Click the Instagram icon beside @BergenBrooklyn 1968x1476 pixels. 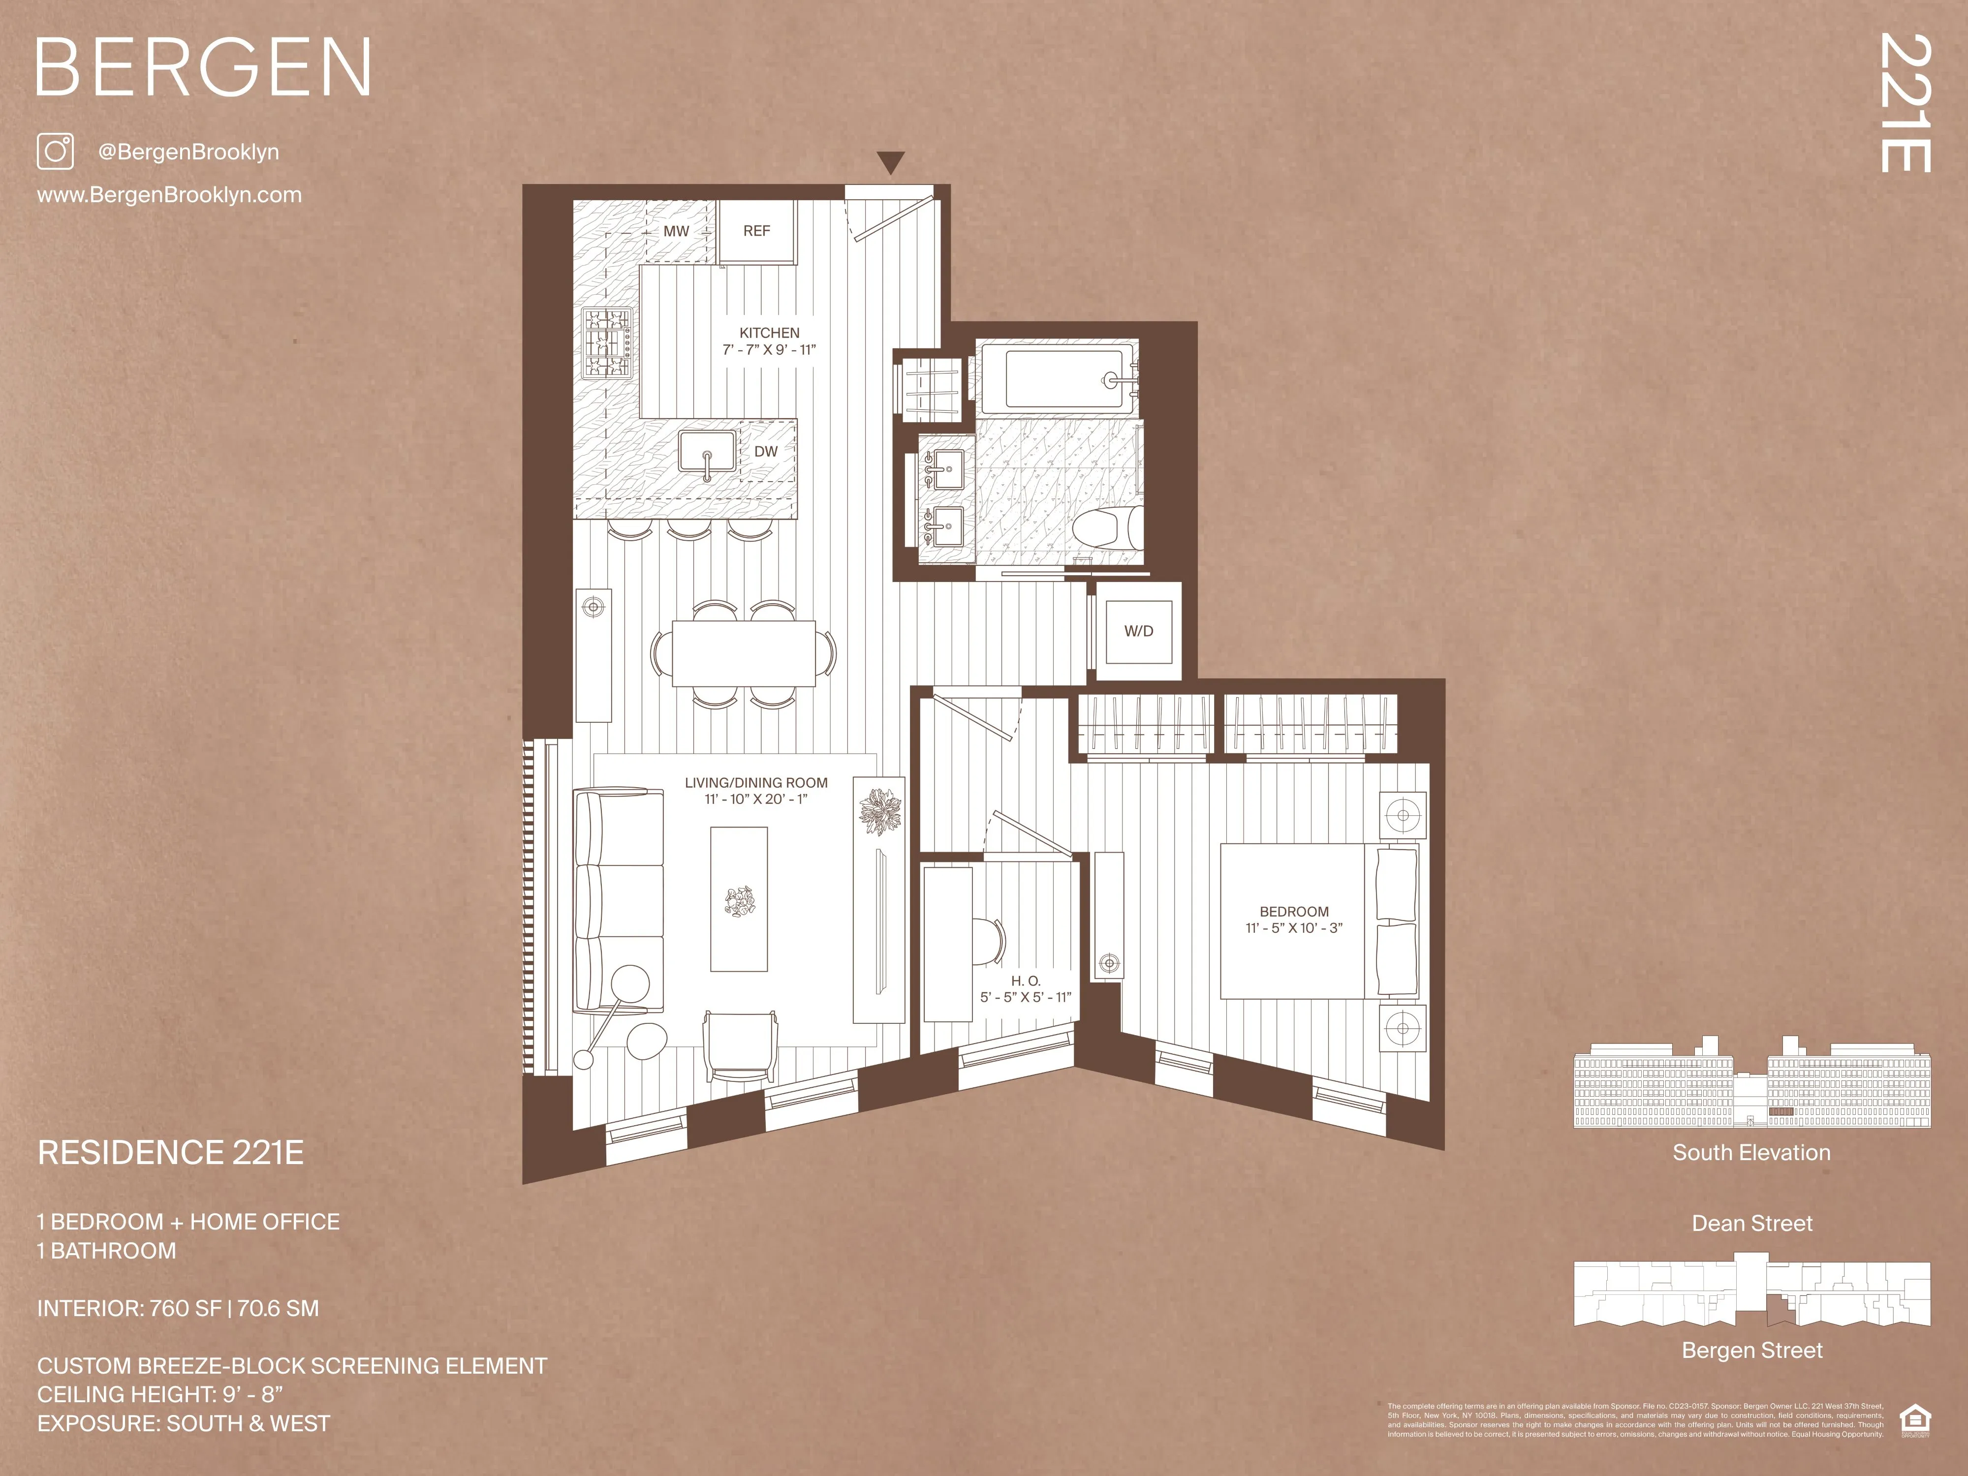55,151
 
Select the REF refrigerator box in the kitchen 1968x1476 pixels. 756,231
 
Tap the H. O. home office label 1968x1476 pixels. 1025,981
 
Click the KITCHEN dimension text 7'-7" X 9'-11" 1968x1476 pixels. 769,350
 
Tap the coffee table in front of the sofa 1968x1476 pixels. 739,898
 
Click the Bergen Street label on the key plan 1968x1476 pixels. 1751,1351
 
